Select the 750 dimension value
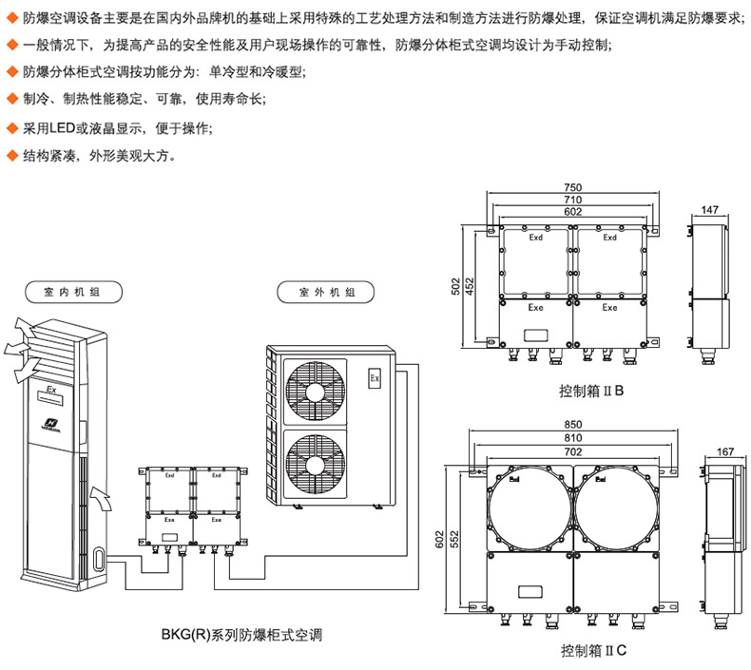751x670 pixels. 571,187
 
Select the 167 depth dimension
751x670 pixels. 725,451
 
